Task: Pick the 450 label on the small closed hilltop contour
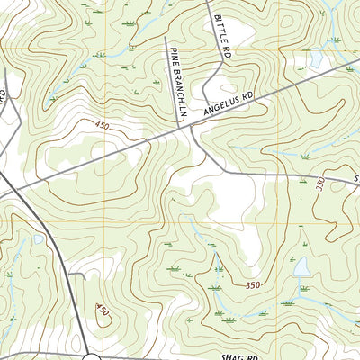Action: (x=102, y=311)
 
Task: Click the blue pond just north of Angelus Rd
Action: (x=316, y=60)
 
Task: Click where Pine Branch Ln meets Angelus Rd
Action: (x=177, y=126)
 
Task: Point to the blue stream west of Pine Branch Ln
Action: (x=135, y=40)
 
